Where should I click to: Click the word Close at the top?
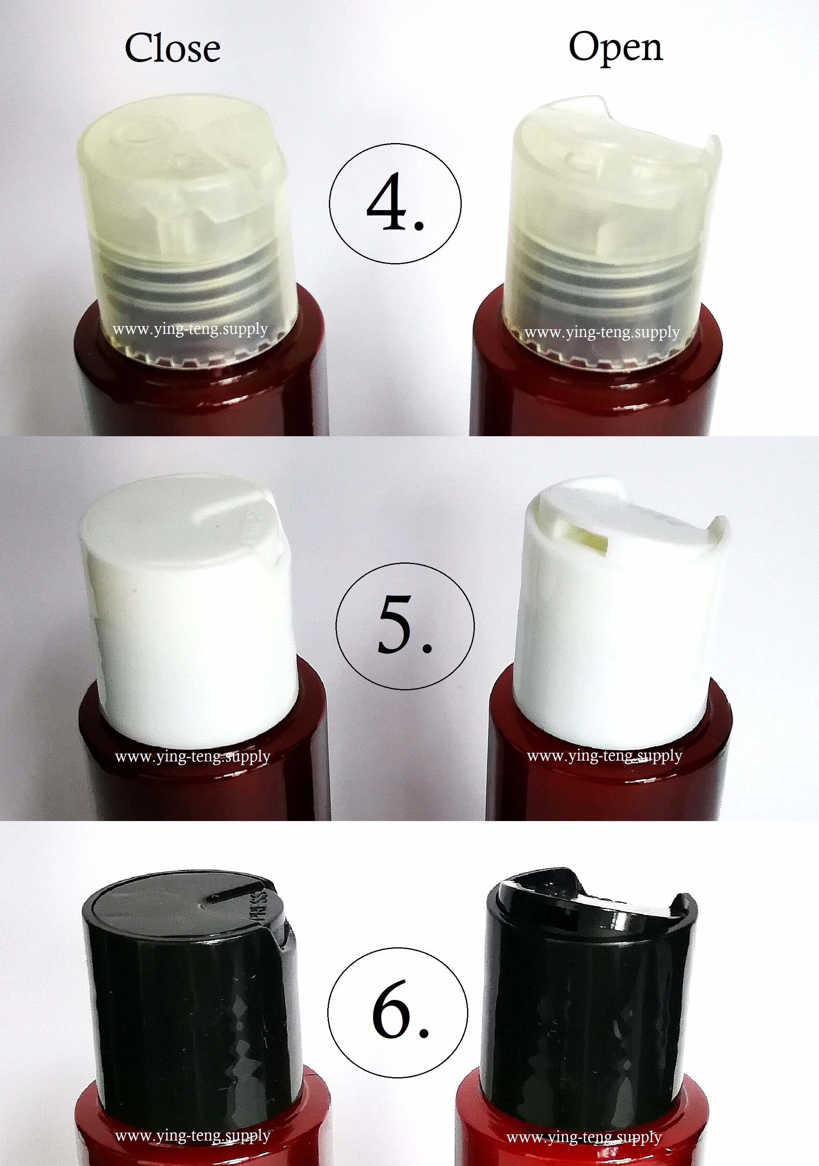tap(173, 49)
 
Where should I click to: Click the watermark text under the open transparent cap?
tap(602, 333)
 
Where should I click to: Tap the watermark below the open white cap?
tap(604, 756)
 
